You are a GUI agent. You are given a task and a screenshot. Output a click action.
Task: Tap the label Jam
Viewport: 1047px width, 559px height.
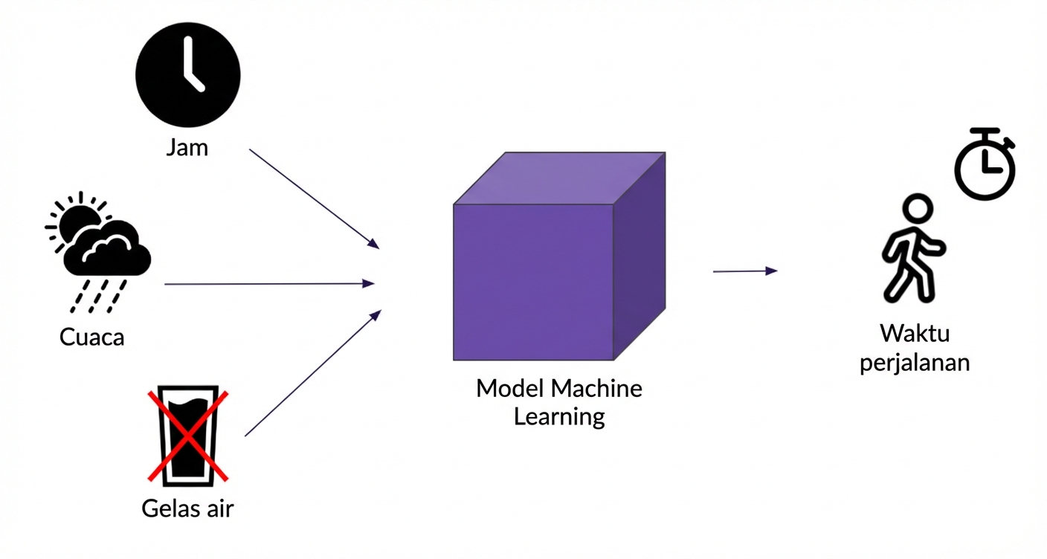(187, 147)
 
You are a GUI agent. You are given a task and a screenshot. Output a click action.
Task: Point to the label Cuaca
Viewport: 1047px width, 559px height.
(92, 337)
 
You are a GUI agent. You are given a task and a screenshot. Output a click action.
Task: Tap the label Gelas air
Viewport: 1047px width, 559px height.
(187, 508)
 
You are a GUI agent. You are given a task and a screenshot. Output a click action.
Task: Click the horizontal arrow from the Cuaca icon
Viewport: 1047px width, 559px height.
(268, 283)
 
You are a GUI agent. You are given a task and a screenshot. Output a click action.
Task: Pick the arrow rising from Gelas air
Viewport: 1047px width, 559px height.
(312, 373)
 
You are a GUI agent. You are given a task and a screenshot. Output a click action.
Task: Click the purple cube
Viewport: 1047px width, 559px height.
(534, 281)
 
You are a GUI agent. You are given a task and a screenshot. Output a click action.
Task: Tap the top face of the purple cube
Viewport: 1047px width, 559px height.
(559, 178)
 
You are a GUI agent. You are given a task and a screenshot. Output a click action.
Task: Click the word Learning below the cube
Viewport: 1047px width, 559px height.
(559, 416)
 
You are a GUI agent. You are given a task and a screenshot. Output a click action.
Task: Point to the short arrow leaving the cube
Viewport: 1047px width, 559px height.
(744, 271)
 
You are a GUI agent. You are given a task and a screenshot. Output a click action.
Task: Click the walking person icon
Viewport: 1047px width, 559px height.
(913, 249)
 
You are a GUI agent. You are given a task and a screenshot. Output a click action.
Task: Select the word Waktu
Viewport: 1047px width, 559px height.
(915, 332)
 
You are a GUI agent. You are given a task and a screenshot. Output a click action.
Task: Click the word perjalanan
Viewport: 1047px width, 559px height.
(915, 363)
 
